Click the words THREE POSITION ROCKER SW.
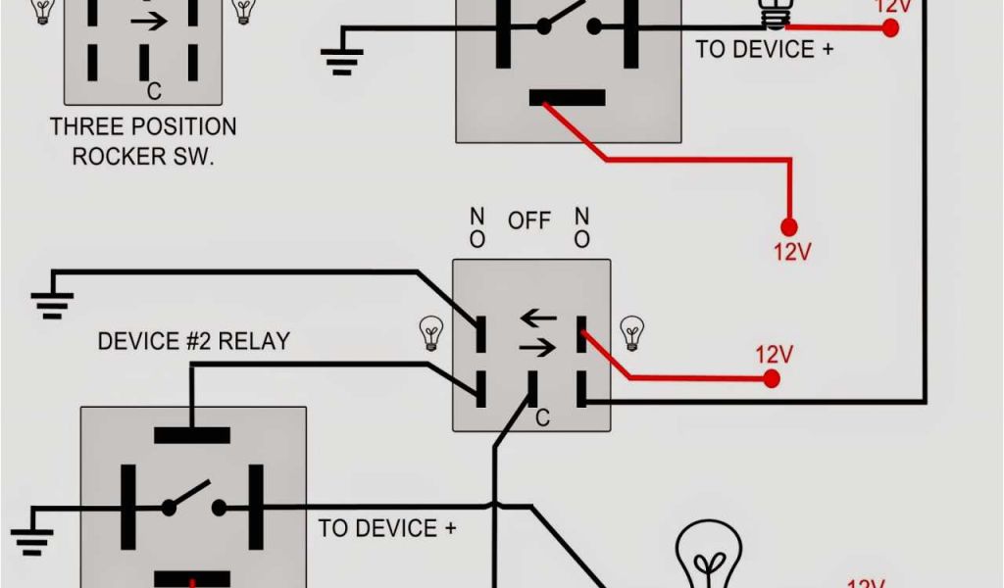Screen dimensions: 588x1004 coord(143,141)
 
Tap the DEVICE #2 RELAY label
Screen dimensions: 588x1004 coord(193,341)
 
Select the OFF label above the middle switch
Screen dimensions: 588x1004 coord(528,221)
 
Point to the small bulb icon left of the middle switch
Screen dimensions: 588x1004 coord(430,332)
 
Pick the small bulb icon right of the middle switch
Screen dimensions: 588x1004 coord(632,332)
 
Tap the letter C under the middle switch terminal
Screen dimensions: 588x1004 coord(542,418)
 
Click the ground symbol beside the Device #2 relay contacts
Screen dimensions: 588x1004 coord(31,537)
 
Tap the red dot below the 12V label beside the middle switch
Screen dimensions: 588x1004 coord(774,379)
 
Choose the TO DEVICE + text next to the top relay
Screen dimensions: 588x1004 coord(764,49)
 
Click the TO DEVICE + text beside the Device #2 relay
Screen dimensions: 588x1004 coord(387,528)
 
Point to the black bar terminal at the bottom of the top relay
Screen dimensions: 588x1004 coord(567,97)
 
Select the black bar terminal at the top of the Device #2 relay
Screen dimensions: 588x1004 coord(192,434)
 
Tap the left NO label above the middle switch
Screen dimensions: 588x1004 coord(477,226)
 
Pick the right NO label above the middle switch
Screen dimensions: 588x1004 coord(582,226)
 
